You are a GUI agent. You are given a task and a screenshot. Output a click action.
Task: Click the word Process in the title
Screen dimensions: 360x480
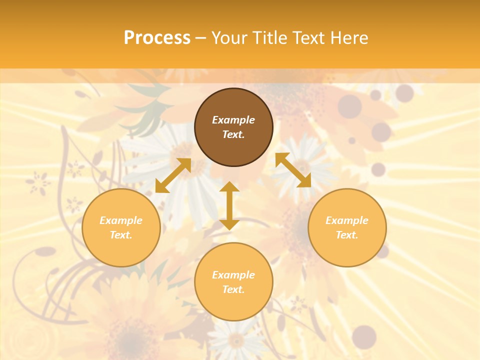[x=157, y=37]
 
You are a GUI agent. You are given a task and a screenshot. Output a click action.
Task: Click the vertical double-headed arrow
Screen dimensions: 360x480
[x=229, y=205]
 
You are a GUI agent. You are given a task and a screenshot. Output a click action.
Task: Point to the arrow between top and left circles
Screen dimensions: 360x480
[x=173, y=175]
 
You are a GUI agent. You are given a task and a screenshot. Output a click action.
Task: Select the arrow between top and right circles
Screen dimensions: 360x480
[x=293, y=170]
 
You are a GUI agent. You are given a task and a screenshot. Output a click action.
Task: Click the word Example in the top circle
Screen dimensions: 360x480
[x=233, y=120]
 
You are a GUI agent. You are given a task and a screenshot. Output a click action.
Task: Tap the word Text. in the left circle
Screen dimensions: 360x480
[x=121, y=235]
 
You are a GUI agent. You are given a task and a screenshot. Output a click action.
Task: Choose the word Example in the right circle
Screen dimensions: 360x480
[x=347, y=220]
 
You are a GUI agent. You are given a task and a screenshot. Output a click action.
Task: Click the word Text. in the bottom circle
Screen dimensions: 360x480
[x=233, y=289]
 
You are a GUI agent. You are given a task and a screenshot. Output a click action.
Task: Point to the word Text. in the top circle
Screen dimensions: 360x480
[x=233, y=134]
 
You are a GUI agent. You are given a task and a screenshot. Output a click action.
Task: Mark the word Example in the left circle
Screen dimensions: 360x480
[x=121, y=220]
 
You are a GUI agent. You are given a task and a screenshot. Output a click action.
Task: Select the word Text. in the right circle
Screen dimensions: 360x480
[x=347, y=235]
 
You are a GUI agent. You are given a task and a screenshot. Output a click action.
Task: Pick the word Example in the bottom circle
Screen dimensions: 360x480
[x=233, y=275]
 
